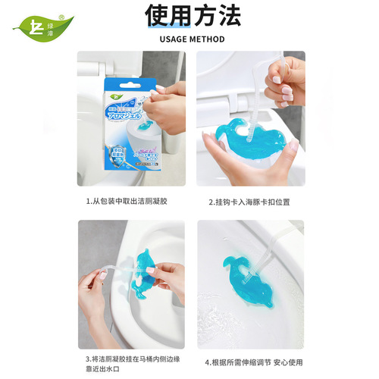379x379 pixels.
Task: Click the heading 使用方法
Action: (189, 15)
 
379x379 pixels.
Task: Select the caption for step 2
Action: (249, 202)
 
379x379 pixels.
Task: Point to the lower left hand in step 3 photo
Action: (95, 299)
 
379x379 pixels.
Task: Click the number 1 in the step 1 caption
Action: (88, 202)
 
